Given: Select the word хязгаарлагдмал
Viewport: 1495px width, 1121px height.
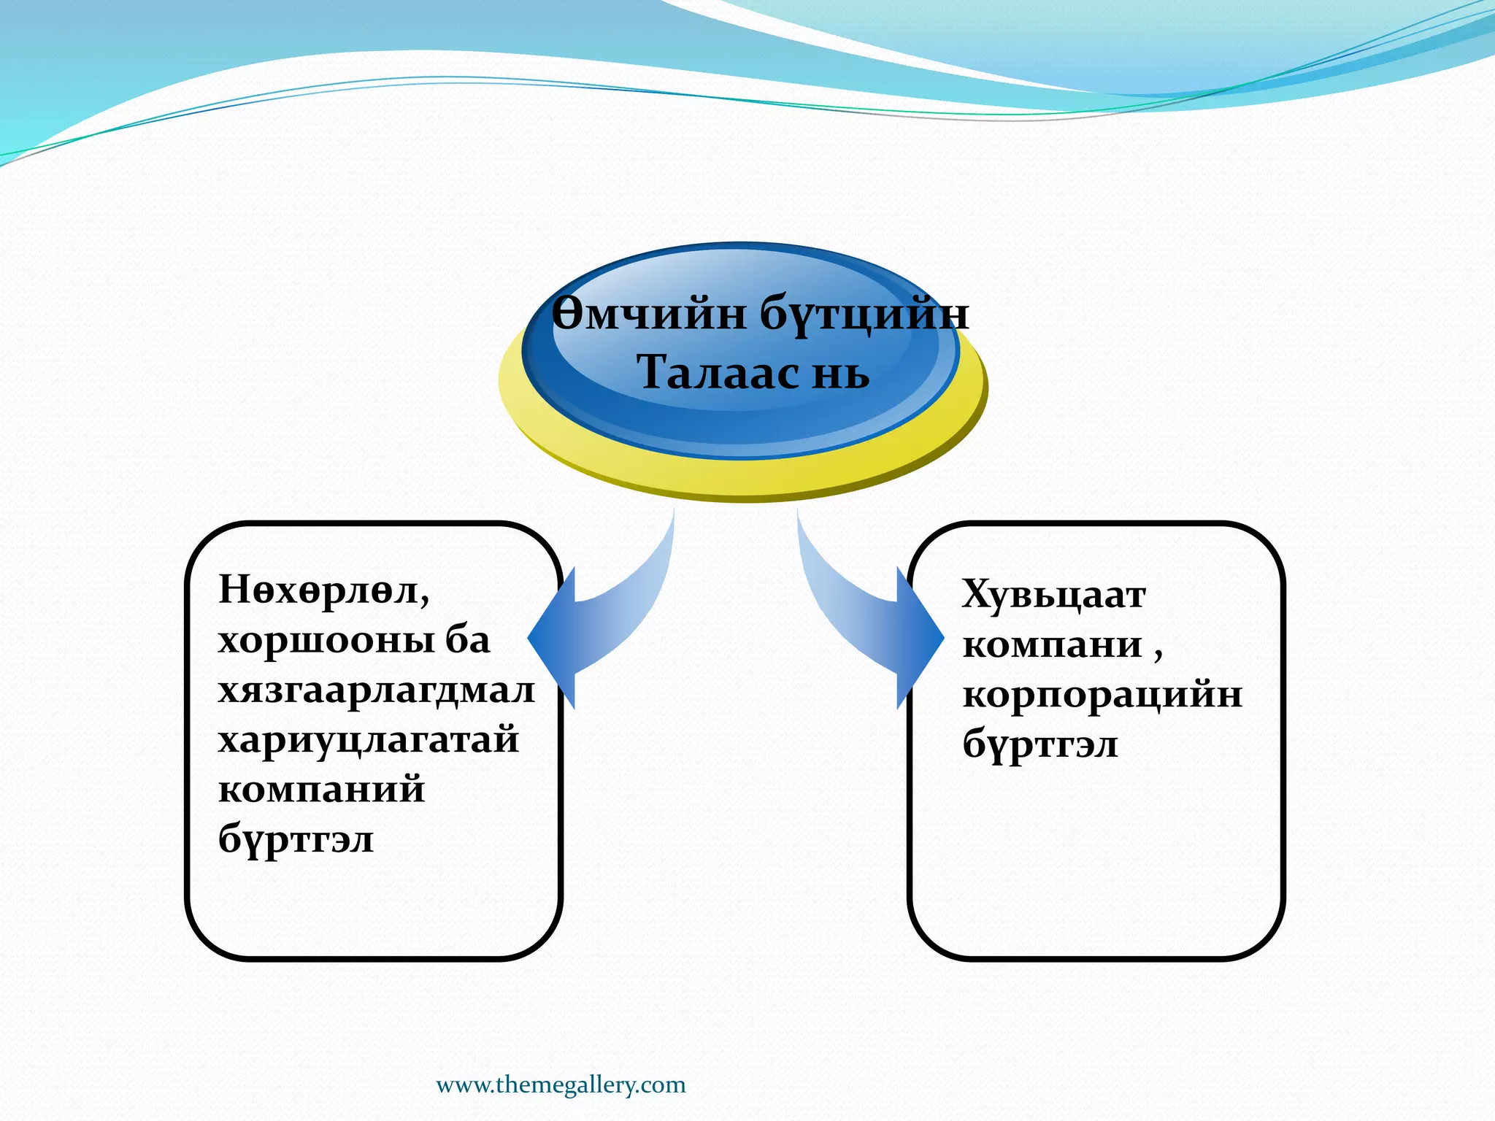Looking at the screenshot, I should (377, 690).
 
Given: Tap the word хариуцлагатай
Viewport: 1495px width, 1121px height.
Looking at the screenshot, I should (369, 740).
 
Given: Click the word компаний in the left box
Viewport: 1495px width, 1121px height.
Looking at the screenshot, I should (321, 790).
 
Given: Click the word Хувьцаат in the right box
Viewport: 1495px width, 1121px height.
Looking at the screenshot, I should (1053, 596).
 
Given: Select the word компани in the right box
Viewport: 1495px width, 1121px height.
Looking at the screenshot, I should (1052, 645).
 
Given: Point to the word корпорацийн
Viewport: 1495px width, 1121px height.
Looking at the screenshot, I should (1102, 695).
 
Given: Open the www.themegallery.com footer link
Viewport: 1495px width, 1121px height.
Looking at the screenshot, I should (561, 1085).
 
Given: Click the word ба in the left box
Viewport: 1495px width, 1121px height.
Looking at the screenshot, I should (468, 641).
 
